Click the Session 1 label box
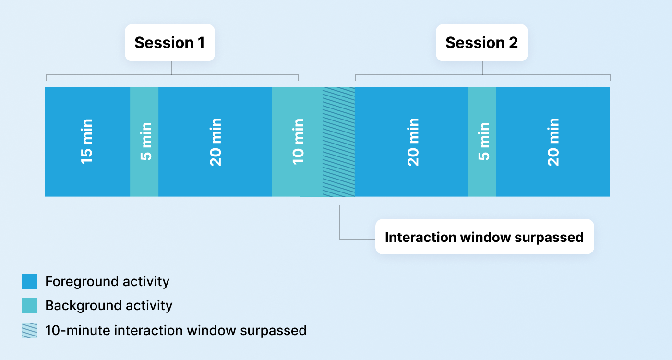coord(169,43)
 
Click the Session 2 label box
coord(481,43)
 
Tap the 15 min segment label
coord(87,142)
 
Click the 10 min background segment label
coord(298,142)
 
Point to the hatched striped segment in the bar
coord(338,142)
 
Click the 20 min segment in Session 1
coord(216,142)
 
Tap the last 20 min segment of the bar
coord(553,142)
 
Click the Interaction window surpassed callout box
coord(484,237)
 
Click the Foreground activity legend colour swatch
coord(30,281)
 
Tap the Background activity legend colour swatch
coord(30,305)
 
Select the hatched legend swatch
coord(30,330)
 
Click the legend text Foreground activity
coord(107,281)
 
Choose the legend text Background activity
coord(108,305)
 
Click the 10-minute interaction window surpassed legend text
coord(176,330)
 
